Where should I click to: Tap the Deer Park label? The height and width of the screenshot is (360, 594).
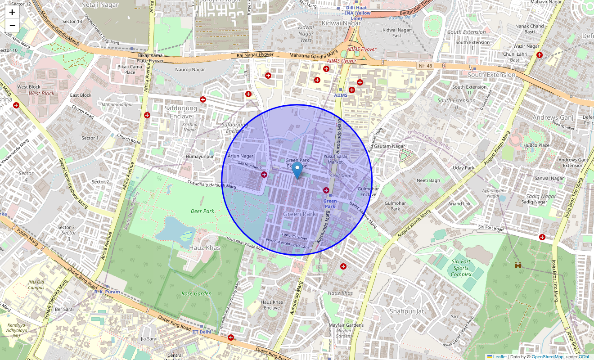tap(202, 211)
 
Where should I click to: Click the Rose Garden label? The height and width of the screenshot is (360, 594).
tap(196, 293)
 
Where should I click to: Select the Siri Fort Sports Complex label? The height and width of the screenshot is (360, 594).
tap(461, 268)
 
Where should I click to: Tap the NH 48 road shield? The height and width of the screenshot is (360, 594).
tap(425, 66)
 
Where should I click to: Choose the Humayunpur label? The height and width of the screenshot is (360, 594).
tap(200, 157)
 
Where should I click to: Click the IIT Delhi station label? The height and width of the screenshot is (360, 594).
tap(202, 332)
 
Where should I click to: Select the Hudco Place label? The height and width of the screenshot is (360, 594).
tap(537, 145)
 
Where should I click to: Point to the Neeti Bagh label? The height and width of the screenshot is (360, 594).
tap(428, 180)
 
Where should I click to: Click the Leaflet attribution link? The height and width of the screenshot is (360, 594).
tap(499, 356)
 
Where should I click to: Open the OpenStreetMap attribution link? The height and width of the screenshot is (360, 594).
tap(547, 356)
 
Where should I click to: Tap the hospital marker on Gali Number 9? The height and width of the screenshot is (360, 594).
tap(264, 175)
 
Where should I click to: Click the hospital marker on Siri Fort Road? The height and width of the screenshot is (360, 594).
tap(542, 237)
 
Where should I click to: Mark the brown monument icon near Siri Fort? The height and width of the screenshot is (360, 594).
tap(518, 265)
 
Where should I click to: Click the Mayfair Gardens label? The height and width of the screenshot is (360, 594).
tap(346, 325)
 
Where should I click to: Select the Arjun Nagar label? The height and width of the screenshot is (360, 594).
tap(241, 156)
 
